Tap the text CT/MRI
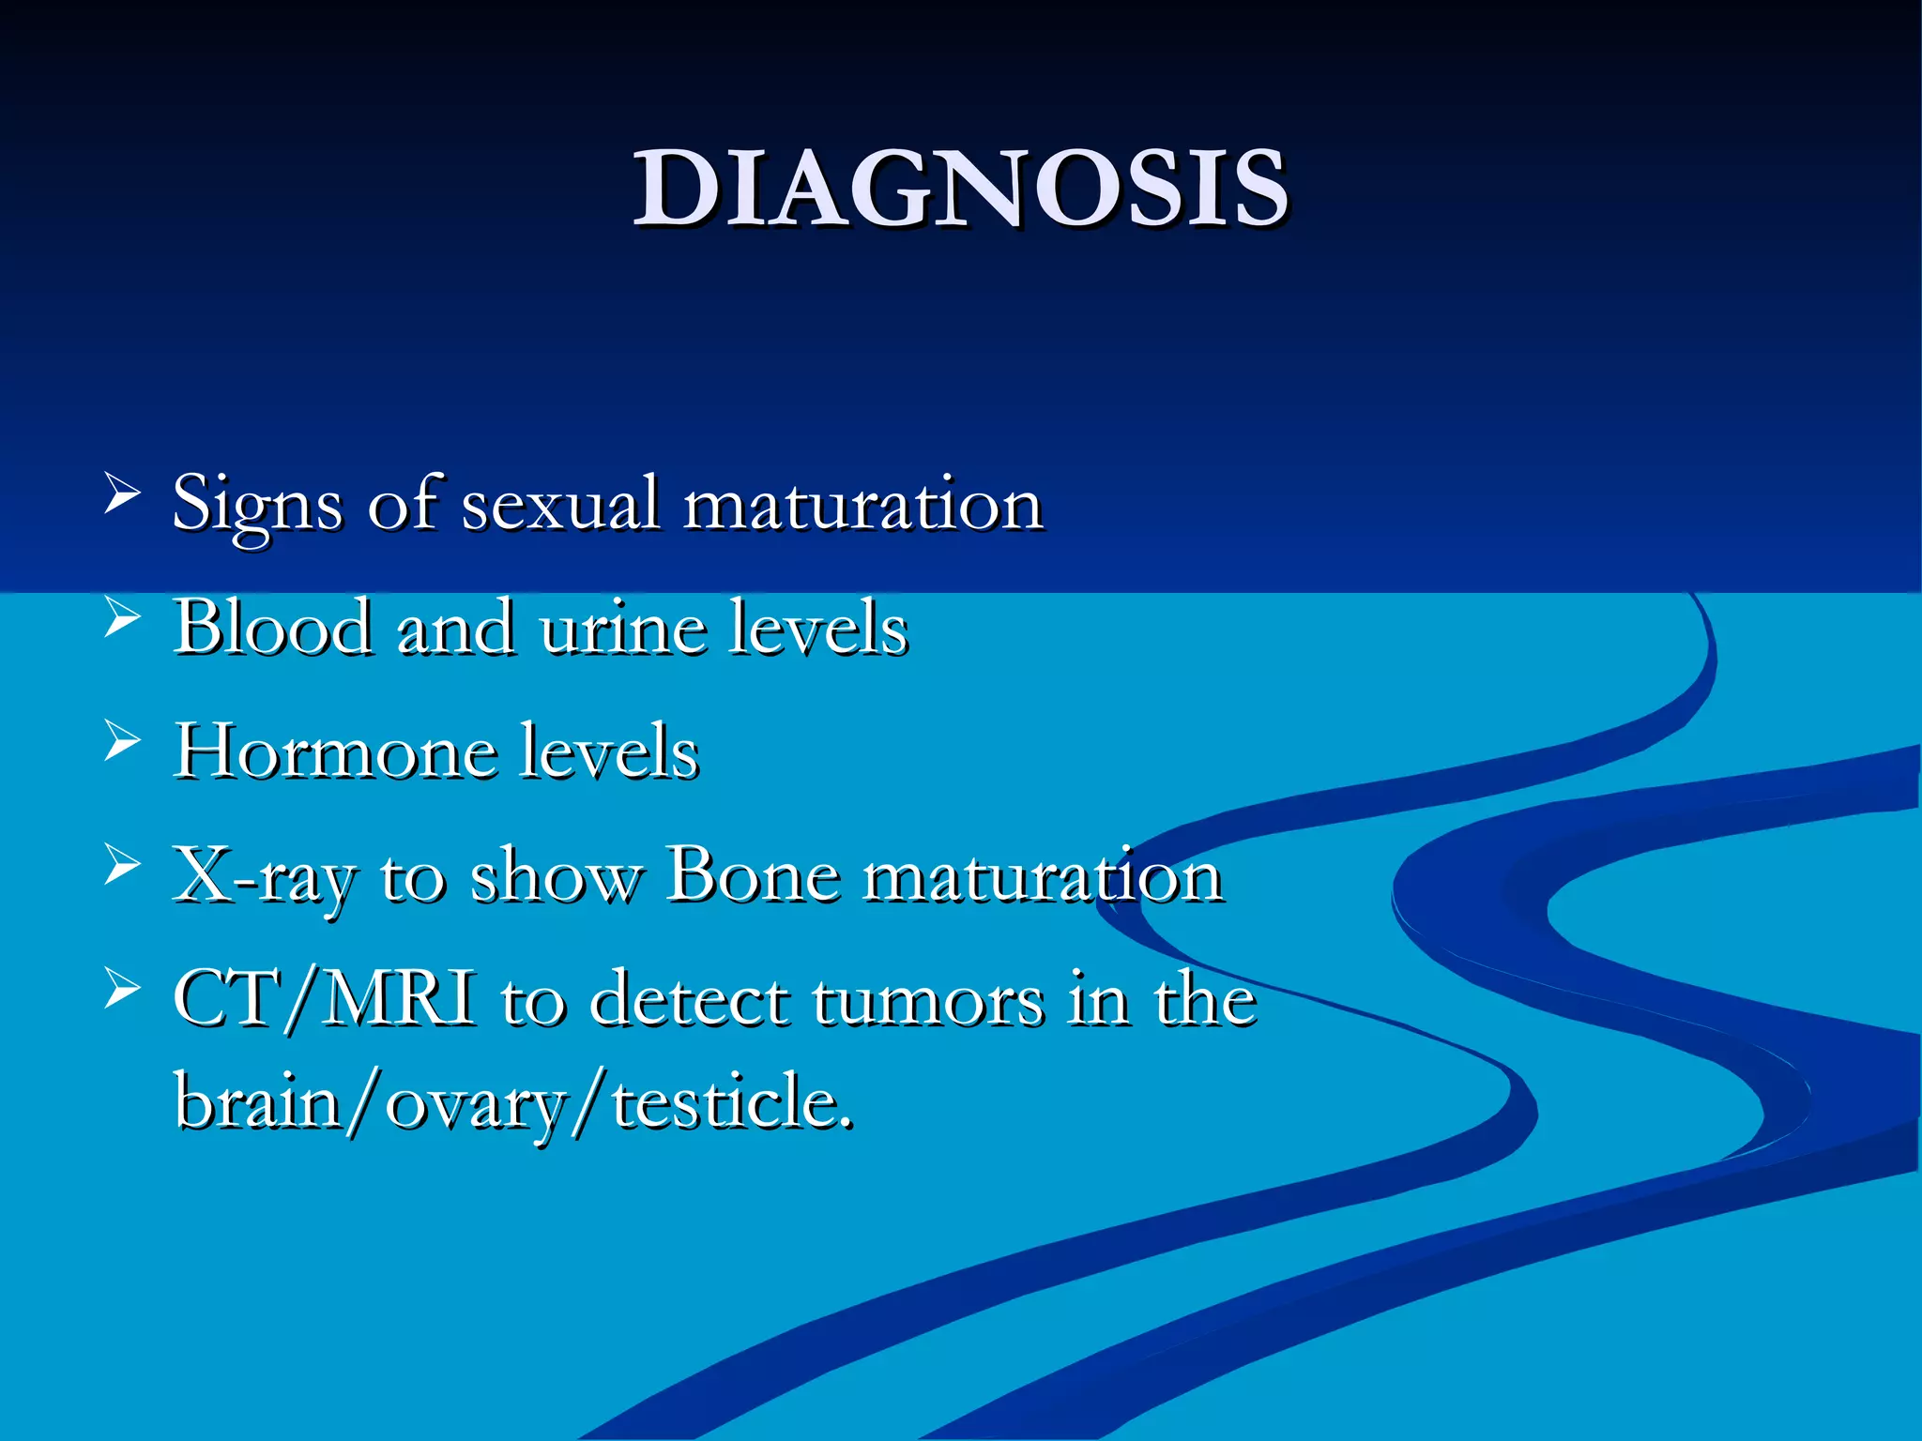325,998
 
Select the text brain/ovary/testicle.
514,1102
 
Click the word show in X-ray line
554,877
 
